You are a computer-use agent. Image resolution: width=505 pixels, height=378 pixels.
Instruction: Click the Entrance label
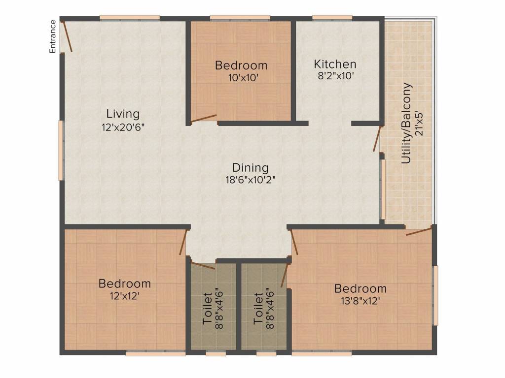pos(52,36)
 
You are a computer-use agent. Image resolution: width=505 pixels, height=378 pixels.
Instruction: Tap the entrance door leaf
pos(67,35)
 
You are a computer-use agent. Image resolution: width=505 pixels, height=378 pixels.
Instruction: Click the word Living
pos(123,114)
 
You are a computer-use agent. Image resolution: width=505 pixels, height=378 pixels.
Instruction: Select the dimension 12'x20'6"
pos(123,127)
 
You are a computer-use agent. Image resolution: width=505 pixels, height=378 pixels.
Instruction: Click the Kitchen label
pos(335,64)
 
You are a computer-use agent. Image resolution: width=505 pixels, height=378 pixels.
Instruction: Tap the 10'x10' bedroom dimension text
pos(242,77)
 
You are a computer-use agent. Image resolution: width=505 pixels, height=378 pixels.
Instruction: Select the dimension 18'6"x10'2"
pos(250,180)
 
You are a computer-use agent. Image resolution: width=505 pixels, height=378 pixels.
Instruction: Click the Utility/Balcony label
pos(406,124)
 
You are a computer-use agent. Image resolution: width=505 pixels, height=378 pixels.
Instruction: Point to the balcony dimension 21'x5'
pos(420,124)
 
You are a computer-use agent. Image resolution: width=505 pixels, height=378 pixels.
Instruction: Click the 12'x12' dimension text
pos(125,296)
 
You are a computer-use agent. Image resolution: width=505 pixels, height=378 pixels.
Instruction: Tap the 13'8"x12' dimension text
pos(361,301)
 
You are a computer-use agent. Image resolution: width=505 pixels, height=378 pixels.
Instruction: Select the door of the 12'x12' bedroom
pos(183,242)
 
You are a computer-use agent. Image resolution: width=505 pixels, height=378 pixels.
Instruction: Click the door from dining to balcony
pos(377,138)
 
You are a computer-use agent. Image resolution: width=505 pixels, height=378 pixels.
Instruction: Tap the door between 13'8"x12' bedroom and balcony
pos(419,231)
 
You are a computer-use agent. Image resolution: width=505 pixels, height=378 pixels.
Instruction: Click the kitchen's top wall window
pos(332,18)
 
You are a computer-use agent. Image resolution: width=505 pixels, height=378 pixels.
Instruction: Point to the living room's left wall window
pos(61,150)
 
